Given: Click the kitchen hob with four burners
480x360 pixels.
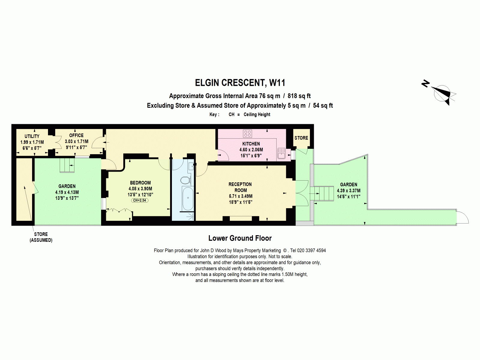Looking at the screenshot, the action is point(247,133).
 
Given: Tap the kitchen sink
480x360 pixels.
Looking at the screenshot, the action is point(281,153).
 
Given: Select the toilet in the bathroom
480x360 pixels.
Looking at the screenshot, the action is point(185,180).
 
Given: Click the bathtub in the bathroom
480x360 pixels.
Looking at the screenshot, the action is point(188,198).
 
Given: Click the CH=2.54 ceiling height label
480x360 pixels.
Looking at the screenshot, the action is point(140,200).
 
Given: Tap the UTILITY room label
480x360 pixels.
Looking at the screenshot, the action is point(32,136).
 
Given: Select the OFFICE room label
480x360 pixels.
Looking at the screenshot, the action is point(76,135).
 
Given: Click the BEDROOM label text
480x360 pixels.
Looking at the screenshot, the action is point(140,183).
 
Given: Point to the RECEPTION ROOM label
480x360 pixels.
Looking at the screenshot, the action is point(240,187).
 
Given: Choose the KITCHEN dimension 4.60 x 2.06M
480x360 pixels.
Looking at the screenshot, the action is point(251,150).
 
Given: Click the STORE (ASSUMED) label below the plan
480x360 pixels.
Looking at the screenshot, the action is point(41,237).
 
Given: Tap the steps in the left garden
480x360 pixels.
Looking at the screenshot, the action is point(67,165).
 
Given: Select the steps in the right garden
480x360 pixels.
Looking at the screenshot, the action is point(322,193).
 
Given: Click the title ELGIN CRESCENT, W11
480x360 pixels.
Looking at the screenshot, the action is point(240,83).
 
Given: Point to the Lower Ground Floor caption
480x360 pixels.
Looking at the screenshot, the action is point(240,238).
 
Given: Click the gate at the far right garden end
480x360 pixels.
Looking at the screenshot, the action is point(463,217).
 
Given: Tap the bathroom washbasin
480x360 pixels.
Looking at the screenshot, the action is point(191,166).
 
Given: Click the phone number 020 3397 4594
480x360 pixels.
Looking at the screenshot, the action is point(312,250).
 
